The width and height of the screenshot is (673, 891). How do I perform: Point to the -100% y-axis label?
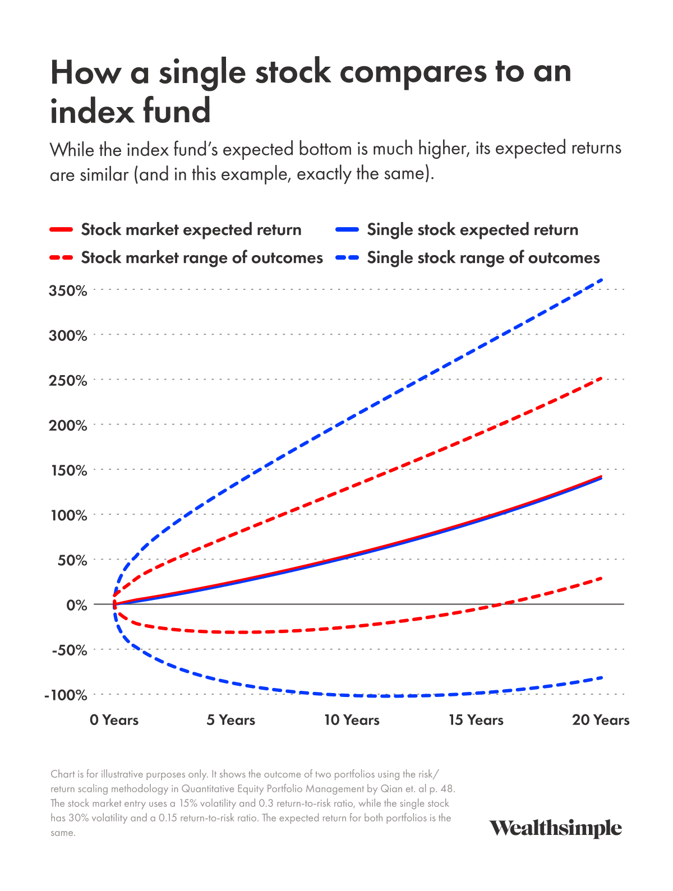pos(66,695)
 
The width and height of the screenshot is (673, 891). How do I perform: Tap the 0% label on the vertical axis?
pos(77,605)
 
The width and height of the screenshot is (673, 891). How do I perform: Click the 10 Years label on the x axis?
pos(352,720)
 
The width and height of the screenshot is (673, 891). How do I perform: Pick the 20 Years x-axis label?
pos(601,720)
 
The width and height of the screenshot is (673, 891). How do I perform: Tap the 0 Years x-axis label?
pos(114,720)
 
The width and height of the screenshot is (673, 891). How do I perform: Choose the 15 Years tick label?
pos(476,720)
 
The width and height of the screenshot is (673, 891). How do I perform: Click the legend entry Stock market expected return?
pos(191,230)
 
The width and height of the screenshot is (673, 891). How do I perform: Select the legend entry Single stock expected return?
pos(472,230)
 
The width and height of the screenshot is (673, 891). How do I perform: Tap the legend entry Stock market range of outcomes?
pos(202,258)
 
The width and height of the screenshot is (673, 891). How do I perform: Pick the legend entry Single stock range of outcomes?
pos(483,258)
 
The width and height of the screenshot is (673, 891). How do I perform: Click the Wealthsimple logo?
pos(555,828)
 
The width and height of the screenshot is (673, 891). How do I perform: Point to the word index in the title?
pos(93,111)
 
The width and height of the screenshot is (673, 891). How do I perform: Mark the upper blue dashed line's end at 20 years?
pos(602,279)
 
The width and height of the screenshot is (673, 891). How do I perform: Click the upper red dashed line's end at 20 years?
pos(602,378)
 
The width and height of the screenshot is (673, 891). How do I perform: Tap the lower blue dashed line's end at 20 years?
pos(602,677)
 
